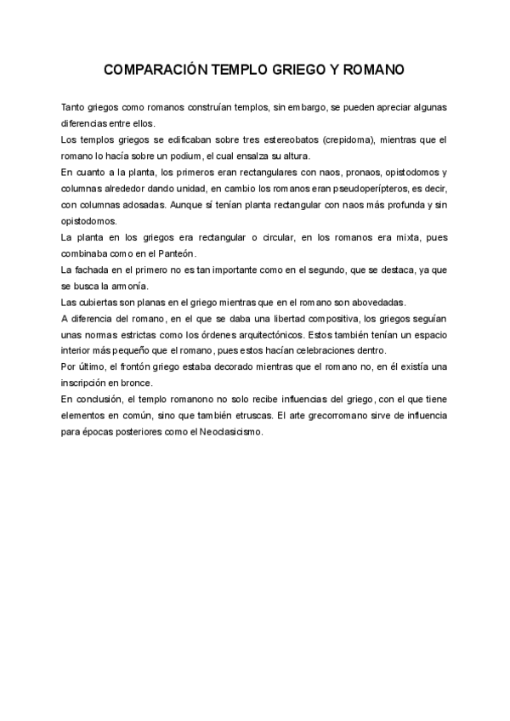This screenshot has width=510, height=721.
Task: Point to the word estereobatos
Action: tap(277, 139)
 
